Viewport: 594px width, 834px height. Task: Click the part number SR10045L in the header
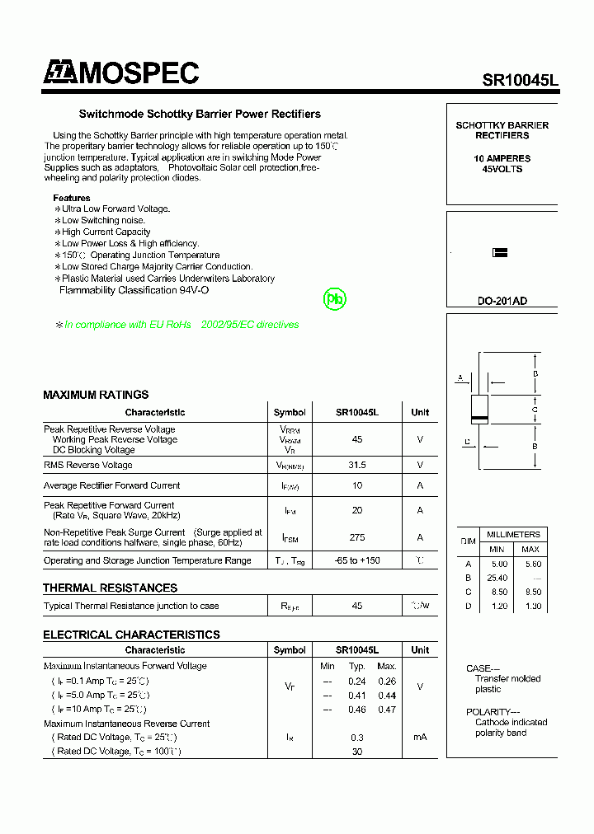pyautogui.click(x=520, y=80)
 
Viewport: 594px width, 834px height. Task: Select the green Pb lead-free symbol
pyautogui.click(x=335, y=300)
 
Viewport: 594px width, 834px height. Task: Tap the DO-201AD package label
pyautogui.click(x=502, y=301)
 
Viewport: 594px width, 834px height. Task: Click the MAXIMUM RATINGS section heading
pyautogui.click(x=96, y=395)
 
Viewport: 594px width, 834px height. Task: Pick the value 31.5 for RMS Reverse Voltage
pyautogui.click(x=357, y=465)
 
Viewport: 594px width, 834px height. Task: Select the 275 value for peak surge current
pyautogui.click(x=357, y=537)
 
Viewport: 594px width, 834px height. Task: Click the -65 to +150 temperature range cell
pyautogui.click(x=357, y=560)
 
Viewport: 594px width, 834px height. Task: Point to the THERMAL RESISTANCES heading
pyautogui.click(x=110, y=588)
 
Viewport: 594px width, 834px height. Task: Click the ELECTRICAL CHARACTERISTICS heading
pyautogui.click(x=131, y=635)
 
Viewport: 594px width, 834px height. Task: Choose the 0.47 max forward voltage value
pyautogui.click(x=386, y=709)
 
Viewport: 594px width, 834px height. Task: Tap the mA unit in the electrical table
pyautogui.click(x=420, y=737)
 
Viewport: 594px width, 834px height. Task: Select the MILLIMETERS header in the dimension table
pyautogui.click(x=513, y=534)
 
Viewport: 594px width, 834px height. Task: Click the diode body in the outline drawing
pyautogui.click(x=478, y=409)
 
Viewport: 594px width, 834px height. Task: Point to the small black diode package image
pyautogui.click(x=499, y=253)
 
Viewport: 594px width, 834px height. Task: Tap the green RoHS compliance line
pyautogui.click(x=181, y=325)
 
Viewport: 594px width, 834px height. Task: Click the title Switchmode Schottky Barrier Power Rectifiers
pyautogui.click(x=200, y=114)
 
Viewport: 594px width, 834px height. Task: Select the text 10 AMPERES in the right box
pyautogui.click(x=502, y=158)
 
